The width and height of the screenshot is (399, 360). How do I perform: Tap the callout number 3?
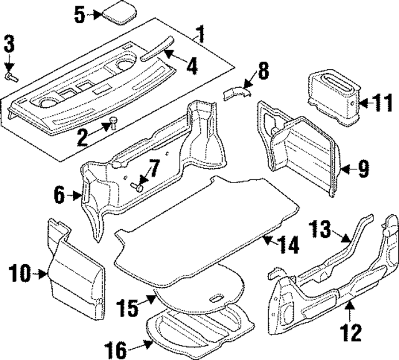9,45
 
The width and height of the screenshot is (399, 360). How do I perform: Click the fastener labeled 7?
138,186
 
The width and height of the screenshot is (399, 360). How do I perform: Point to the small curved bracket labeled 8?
236,93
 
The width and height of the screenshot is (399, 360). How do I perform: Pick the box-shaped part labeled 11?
334,95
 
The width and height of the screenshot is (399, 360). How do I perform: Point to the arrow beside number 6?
77,196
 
